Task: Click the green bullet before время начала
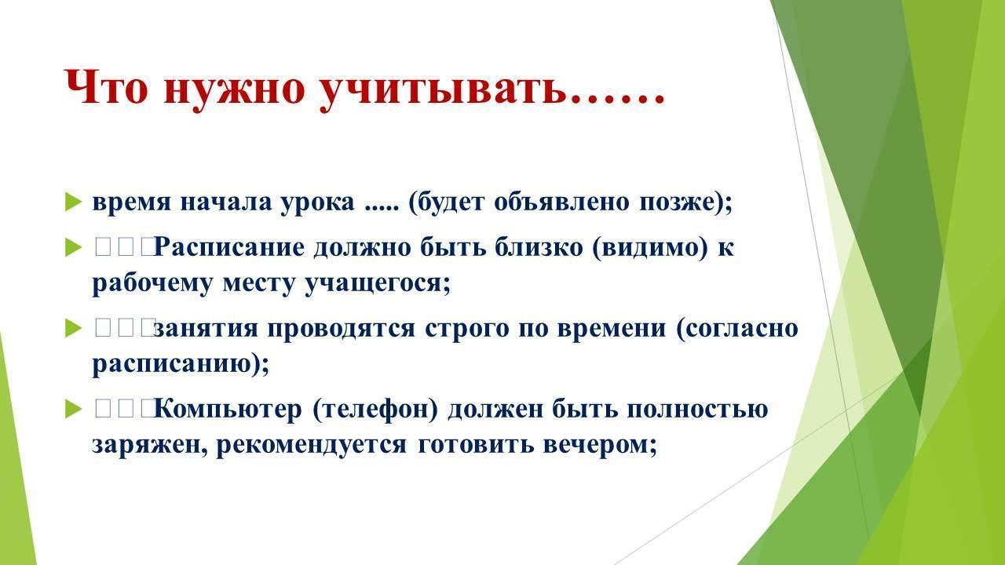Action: click(74, 202)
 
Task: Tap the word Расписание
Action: click(229, 247)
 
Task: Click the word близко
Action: click(539, 246)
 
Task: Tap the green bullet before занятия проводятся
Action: click(74, 328)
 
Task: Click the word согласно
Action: click(742, 329)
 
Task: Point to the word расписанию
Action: click(172, 365)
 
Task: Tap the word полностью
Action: click(698, 410)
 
